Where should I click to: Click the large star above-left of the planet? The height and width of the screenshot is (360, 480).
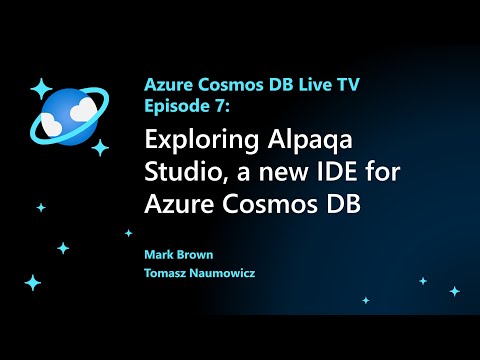tap(40, 89)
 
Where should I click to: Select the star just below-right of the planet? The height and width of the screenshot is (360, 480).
tap(100, 148)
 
